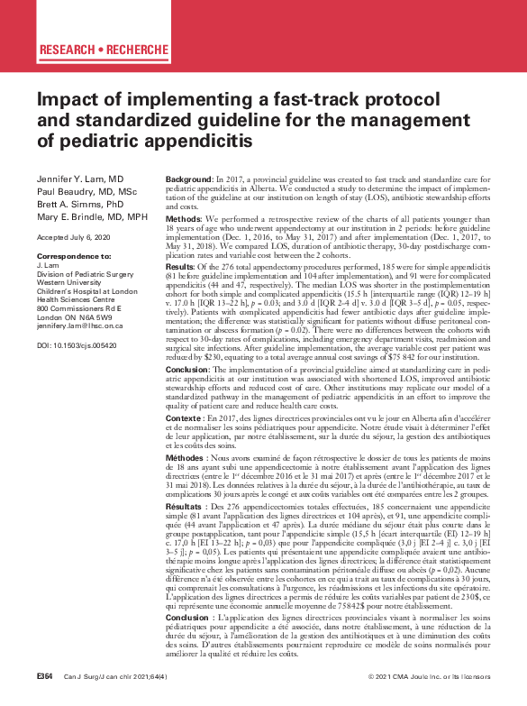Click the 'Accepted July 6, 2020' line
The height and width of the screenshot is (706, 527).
click(74, 237)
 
